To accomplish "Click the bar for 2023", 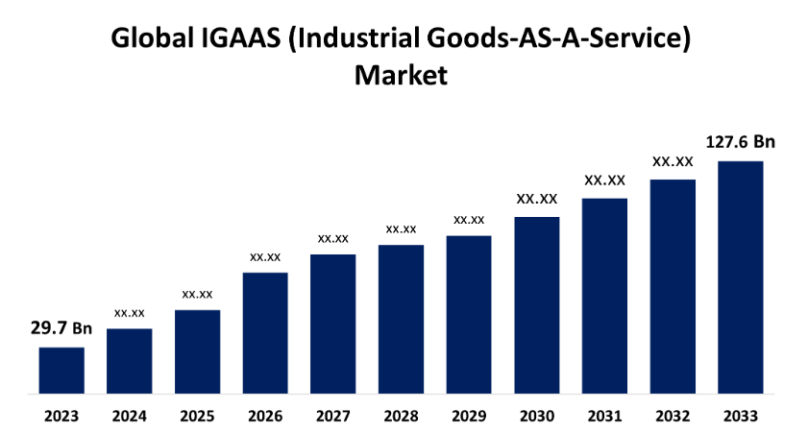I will point(61,371).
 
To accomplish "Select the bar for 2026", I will point(265,333).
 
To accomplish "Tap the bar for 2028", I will point(401,320).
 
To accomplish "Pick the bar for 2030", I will point(537,305).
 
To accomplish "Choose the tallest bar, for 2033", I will point(741,277).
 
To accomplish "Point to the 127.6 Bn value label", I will point(740,142).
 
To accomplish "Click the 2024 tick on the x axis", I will point(129,417).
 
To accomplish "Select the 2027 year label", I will point(332,417).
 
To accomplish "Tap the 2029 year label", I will point(469,417).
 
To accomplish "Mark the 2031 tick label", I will point(604,417).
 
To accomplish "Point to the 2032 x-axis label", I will point(673,417).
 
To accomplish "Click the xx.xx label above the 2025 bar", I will point(197,294).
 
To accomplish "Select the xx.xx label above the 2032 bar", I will point(673,161).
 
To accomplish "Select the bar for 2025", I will point(197,351).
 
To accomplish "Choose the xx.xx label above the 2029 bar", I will point(469,220).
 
